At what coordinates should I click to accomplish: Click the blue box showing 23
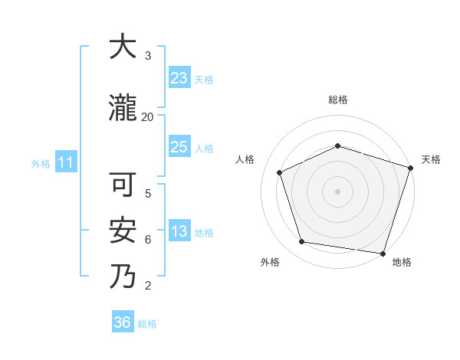pyautogui.click(x=179, y=77)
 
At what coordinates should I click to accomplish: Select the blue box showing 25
pyautogui.click(x=179, y=147)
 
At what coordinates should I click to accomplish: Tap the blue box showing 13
pyautogui.click(x=179, y=232)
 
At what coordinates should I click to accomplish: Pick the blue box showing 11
pyautogui.click(x=65, y=162)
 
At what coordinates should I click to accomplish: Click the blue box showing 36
pyautogui.click(x=123, y=322)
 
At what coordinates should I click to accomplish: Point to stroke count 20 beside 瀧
pyautogui.click(x=147, y=116)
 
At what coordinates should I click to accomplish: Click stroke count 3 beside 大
pyautogui.click(x=148, y=56)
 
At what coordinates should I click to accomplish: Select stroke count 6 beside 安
pyautogui.click(x=148, y=239)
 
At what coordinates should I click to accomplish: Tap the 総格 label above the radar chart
pyautogui.click(x=338, y=100)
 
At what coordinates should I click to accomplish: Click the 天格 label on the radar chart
pyautogui.click(x=431, y=159)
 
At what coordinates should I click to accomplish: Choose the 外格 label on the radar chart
pyautogui.click(x=270, y=262)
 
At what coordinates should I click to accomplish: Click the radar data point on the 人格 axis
pyautogui.click(x=280, y=172)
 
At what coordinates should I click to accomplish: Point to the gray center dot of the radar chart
pyautogui.click(x=337, y=191)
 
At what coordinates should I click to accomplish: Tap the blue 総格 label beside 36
pyautogui.click(x=147, y=324)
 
